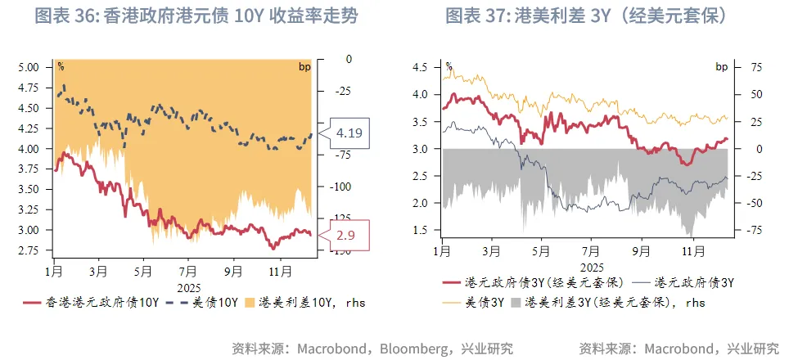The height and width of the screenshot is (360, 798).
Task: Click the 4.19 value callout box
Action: click(349, 132)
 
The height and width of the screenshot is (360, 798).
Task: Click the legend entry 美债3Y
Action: click(469, 302)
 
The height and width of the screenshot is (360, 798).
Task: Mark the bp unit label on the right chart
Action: click(721, 67)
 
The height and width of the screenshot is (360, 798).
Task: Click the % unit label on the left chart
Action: click(61, 65)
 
